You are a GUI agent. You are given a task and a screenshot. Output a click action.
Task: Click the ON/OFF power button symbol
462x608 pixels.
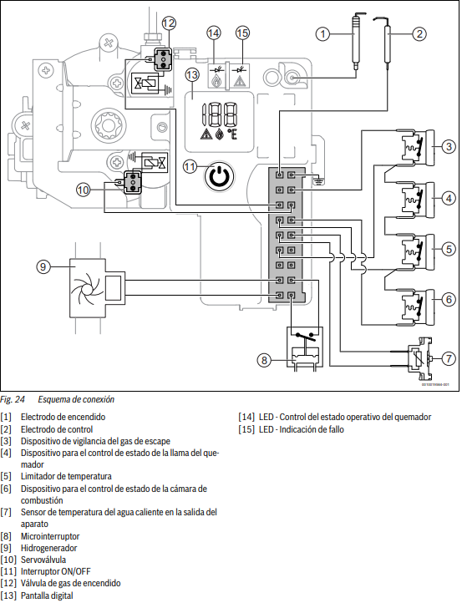[219, 177]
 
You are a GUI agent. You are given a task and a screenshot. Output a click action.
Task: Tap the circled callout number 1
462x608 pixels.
[322, 34]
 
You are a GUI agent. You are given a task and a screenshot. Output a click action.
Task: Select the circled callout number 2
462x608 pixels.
[419, 34]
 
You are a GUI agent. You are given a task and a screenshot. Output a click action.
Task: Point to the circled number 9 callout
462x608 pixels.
[43, 266]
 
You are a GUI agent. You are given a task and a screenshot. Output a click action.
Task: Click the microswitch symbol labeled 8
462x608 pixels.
[305, 347]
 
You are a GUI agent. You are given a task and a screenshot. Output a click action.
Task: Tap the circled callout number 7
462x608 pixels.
[449, 358]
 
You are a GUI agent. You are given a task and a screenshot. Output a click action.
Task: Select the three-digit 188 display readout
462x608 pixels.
[219, 114]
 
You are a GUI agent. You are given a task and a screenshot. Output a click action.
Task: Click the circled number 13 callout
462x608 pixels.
[191, 74]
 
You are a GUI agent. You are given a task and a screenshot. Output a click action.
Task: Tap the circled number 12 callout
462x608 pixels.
[168, 23]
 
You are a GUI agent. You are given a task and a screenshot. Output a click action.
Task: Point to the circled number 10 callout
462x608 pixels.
[83, 190]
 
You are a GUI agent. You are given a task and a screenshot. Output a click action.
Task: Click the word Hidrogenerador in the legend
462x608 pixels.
[49, 548]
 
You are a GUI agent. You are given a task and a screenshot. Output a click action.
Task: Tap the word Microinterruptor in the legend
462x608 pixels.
[50, 536]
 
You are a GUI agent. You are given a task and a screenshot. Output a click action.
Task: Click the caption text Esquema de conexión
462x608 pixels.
[76, 399]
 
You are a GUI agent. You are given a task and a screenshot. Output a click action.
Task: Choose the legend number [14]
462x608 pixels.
[246, 418]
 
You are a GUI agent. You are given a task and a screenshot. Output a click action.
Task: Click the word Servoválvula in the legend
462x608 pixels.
[43, 560]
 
